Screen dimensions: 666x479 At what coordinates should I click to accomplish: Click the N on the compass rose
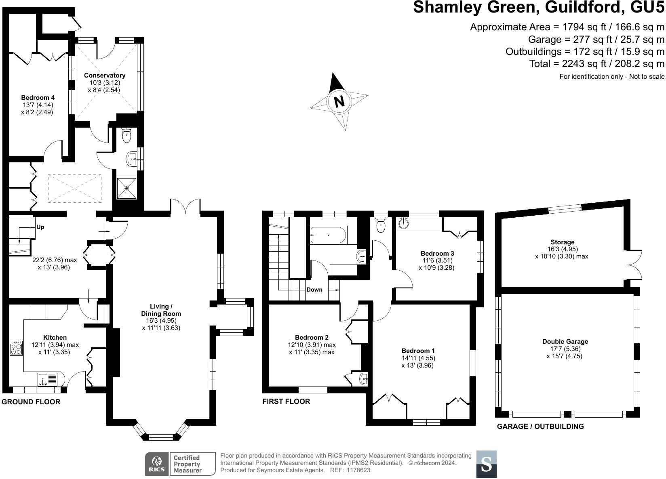click(x=339, y=101)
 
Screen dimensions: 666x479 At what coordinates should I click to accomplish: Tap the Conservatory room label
click(x=105, y=76)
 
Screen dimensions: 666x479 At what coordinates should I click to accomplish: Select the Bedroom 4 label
click(x=38, y=98)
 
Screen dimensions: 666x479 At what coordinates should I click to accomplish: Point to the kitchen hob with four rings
click(x=17, y=348)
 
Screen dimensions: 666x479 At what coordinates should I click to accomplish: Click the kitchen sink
click(x=48, y=379)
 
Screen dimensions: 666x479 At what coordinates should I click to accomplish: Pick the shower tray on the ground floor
click(x=126, y=188)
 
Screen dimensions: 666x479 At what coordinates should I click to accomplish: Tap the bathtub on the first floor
click(x=328, y=235)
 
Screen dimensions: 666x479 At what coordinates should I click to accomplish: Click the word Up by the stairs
click(x=40, y=227)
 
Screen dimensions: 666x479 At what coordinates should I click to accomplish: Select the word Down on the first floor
click(x=314, y=290)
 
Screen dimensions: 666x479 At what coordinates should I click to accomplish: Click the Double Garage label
click(x=565, y=342)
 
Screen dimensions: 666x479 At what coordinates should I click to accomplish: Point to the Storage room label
click(x=561, y=242)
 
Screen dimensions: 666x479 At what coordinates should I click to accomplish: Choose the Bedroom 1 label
click(x=418, y=351)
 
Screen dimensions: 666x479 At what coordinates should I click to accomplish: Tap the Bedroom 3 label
click(x=437, y=254)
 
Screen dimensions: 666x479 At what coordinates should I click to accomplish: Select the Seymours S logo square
click(x=487, y=464)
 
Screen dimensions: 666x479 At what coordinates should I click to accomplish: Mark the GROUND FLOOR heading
click(x=31, y=402)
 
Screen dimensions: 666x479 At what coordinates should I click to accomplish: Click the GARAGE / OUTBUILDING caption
click(x=540, y=426)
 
